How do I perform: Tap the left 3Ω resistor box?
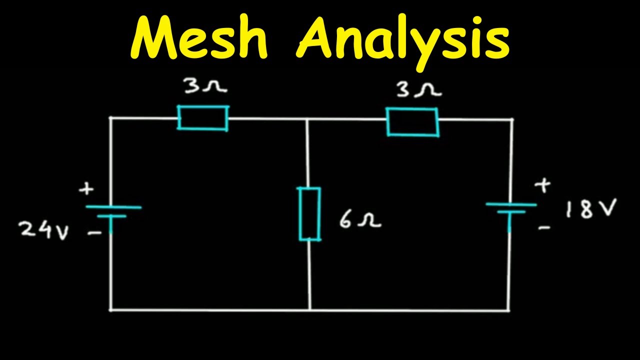pos(203,118)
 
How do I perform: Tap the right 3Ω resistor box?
pos(412,121)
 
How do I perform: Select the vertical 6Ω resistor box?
pos(309,213)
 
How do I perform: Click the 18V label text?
pos(590,209)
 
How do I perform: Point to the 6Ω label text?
pos(359,220)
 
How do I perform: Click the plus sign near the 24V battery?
pos(87,189)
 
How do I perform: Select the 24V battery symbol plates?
pos(112,211)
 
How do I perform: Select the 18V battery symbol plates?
pos(510,208)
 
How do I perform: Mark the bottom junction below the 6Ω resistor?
pos(310,309)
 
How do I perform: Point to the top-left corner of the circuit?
pos(111,118)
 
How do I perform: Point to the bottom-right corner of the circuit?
pos(509,310)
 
